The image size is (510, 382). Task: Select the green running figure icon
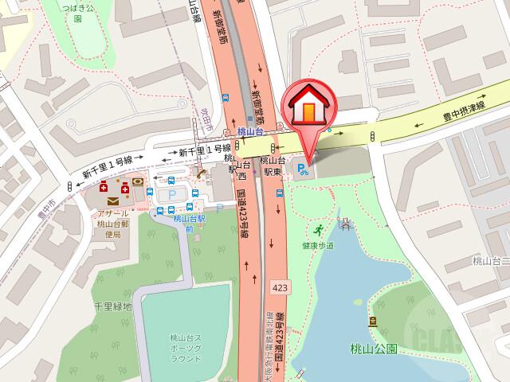click(x=319, y=231)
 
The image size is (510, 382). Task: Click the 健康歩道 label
click(x=318, y=246)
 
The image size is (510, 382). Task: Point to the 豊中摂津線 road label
click(x=464, y=119)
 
